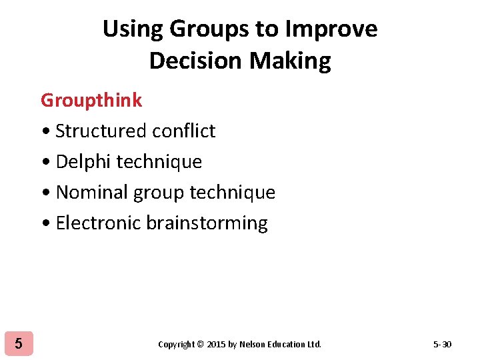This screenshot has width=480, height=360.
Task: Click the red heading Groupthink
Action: click(91, 100)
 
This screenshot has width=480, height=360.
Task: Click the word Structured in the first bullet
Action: click(101, 131)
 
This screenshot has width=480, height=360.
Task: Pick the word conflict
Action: click(183, 131)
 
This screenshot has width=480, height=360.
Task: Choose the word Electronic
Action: click(98, 223)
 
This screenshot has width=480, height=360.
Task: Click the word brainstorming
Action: click(207, 223)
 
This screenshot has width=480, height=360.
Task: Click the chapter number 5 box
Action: click(18, 344)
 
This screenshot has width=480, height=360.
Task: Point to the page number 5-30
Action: click(442, 344)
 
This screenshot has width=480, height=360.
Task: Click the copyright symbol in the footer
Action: click(201, 345)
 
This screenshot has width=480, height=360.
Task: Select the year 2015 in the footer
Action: click(216, 345)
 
